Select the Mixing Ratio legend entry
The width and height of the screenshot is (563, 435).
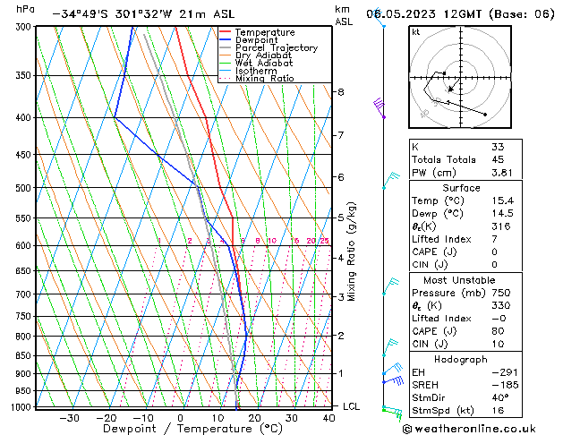264,79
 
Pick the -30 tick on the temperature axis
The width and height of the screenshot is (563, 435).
68,418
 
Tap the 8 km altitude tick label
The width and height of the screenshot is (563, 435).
340,92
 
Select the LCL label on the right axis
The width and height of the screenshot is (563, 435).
352,406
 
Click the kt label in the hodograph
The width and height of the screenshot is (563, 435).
415,32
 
